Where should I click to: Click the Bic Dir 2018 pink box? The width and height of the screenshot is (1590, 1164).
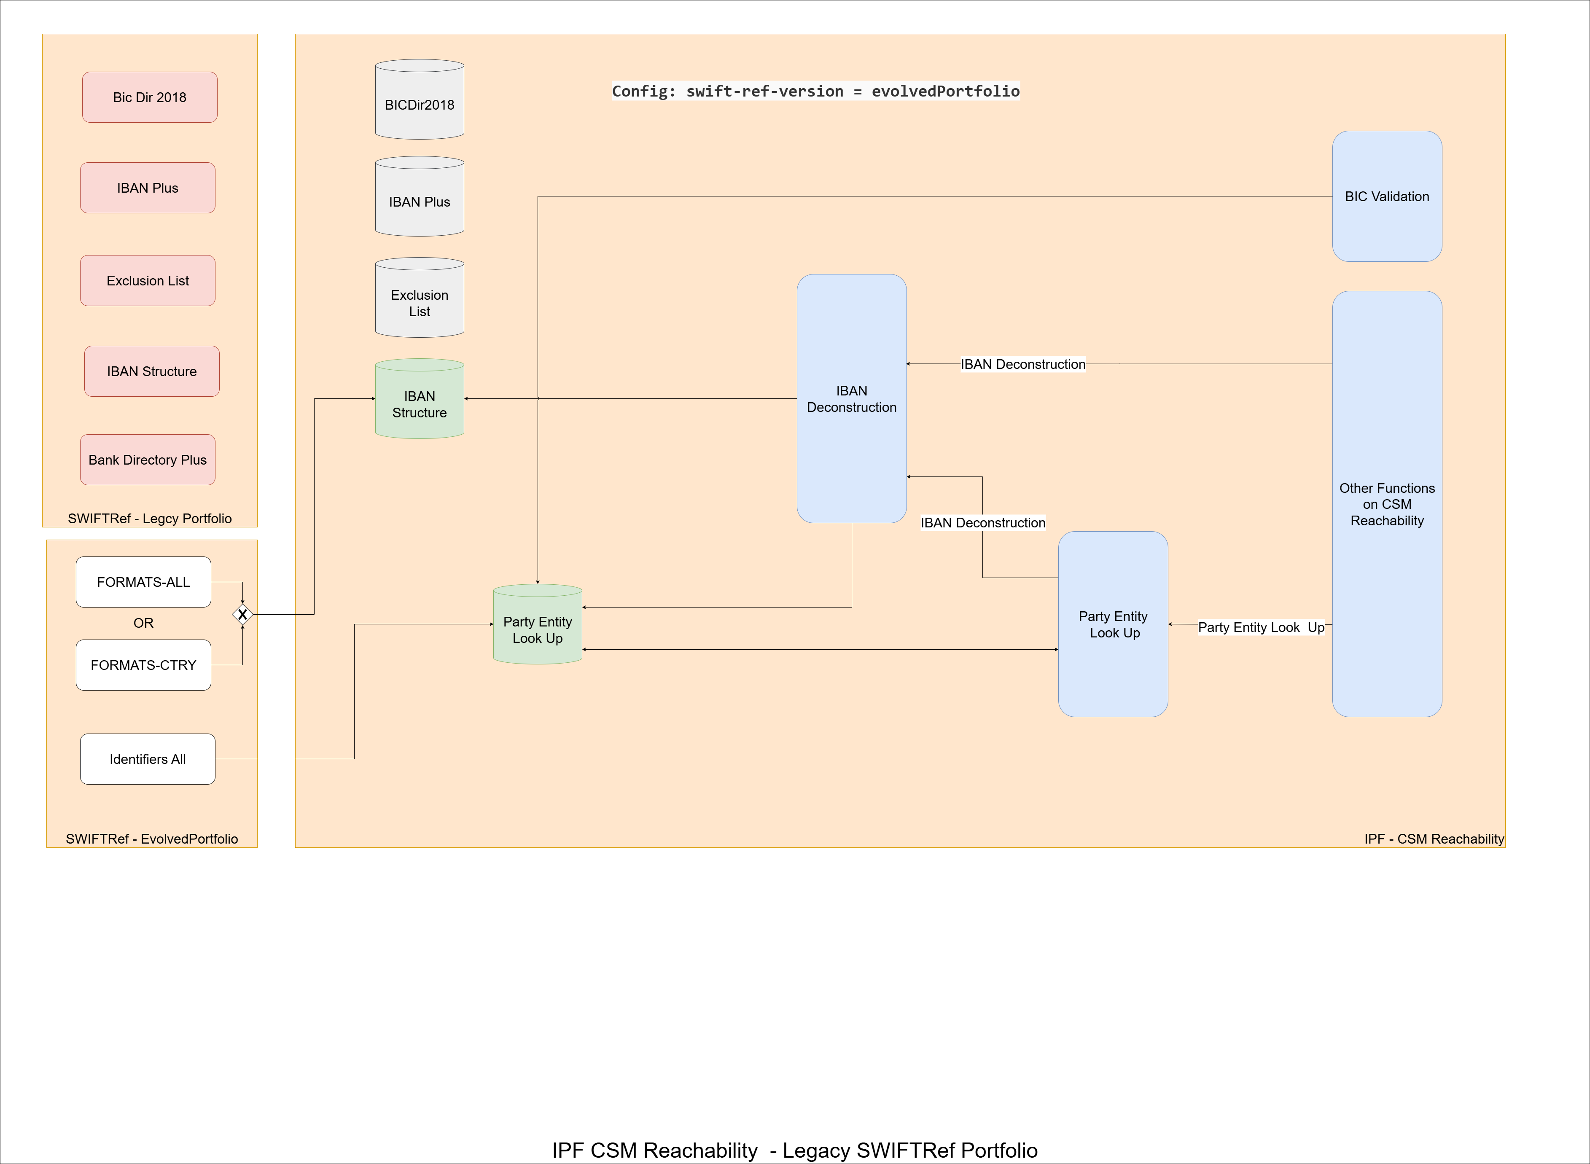(149, 97)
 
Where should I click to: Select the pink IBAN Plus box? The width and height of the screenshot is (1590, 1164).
(147, 188)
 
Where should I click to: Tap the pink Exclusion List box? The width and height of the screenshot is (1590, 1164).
(147, 280)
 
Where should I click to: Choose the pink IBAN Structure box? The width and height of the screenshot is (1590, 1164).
(151, 371)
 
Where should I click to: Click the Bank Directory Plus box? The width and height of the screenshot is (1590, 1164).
(147, 460)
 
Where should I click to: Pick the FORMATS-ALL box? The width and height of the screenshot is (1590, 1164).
(143, 582)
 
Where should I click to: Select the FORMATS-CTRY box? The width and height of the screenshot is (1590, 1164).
(143, 665)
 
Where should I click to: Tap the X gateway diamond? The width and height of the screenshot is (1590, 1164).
(242, 614)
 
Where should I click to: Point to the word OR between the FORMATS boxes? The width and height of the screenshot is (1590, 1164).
(143, 623)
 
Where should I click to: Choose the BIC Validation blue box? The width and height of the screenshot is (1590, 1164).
(1386, 196)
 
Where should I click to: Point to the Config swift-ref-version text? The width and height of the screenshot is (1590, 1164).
(815, 91)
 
